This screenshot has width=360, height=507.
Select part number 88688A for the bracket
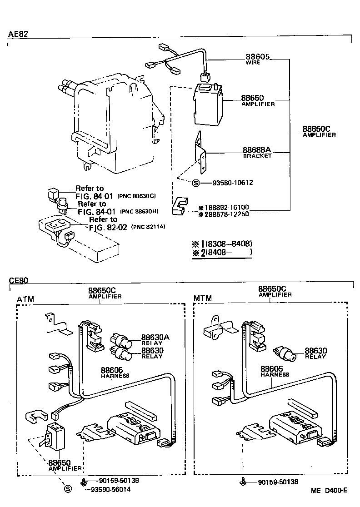[256, 150]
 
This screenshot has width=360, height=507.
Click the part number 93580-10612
[232, 183]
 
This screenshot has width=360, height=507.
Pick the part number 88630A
[155, 337]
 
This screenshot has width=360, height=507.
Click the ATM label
[25, 299]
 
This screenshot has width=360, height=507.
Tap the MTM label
[203, 299]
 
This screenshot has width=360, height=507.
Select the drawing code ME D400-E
[329, 490]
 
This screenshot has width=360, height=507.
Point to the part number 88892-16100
[226, 207]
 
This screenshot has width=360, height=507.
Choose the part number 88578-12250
[226, 214]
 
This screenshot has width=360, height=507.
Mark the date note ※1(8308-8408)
[222, 244]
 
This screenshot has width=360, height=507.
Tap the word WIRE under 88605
[253, 62]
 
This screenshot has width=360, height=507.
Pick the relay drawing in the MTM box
[285, 353]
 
